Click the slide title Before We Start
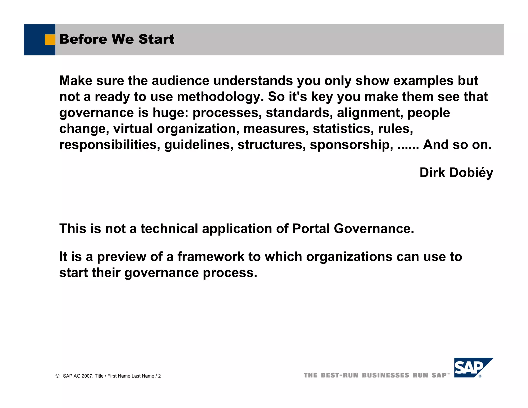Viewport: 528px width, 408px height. [117, 39]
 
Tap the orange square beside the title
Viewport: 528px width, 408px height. [50, 39]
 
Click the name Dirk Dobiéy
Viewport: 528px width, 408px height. [456, 173]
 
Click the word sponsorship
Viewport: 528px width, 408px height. [351, 145]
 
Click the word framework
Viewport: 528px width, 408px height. [211, 257]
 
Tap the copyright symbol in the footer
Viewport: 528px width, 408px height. [57, 376]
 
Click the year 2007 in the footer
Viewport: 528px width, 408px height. [87, 376]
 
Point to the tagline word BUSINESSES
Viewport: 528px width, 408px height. [385, 375]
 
